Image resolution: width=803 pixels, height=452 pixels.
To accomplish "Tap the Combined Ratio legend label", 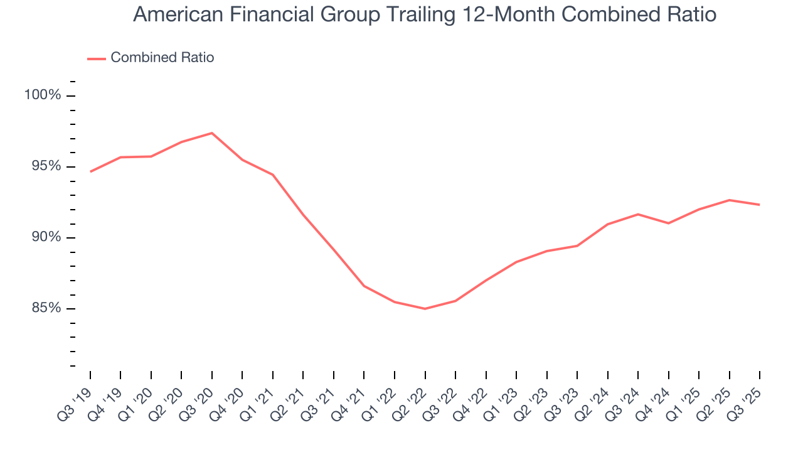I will point(162,58).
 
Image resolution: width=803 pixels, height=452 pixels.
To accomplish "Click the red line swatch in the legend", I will point(96,58).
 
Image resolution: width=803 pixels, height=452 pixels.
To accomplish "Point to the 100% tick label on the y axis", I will point(43,95).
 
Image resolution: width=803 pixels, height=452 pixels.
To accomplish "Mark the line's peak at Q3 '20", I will point(212,133).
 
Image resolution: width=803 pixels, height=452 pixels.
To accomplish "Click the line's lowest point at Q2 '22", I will point(425,309).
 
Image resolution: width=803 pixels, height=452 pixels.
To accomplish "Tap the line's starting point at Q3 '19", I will point(90,171).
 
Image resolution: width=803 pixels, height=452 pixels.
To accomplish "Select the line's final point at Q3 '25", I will point(760,205).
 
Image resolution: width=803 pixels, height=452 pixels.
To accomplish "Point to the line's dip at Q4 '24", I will point(669,223).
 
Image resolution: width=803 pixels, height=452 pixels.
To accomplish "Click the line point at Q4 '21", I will point(364,286).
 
